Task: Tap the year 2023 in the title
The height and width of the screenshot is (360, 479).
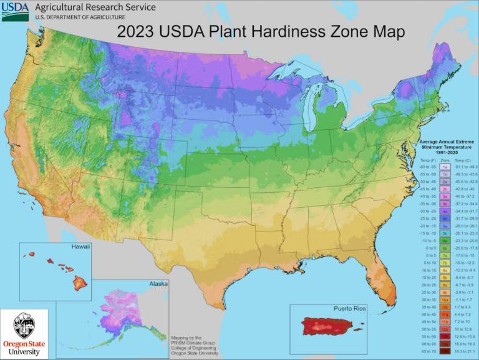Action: (x=136, y=31)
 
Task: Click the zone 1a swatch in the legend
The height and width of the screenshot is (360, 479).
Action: (x=445, y=167)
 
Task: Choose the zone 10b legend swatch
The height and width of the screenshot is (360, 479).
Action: (x=445, y=307)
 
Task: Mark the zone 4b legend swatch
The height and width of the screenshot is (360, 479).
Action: (x=445, y=218)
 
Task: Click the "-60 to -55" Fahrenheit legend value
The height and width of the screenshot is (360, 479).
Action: (x=428, y=167)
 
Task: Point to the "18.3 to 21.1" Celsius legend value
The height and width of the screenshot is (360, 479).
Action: (x=465, y=351)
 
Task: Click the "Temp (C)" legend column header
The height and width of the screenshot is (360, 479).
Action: (x=463, y=160)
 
